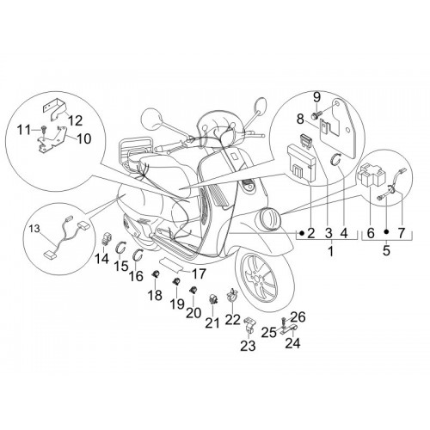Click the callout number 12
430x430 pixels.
click(75, 120)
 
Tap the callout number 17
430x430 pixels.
click(199, 273)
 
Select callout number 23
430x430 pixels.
click(248, 346)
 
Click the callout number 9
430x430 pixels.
click(316, 98)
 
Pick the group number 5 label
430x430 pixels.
click(386, 250)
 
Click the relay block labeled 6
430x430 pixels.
click(367, 174)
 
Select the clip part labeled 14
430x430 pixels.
click(107, 240)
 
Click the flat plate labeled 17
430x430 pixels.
click(171, 264)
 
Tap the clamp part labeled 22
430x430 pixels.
click(231, 295)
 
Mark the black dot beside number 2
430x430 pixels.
click(301, 233)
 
